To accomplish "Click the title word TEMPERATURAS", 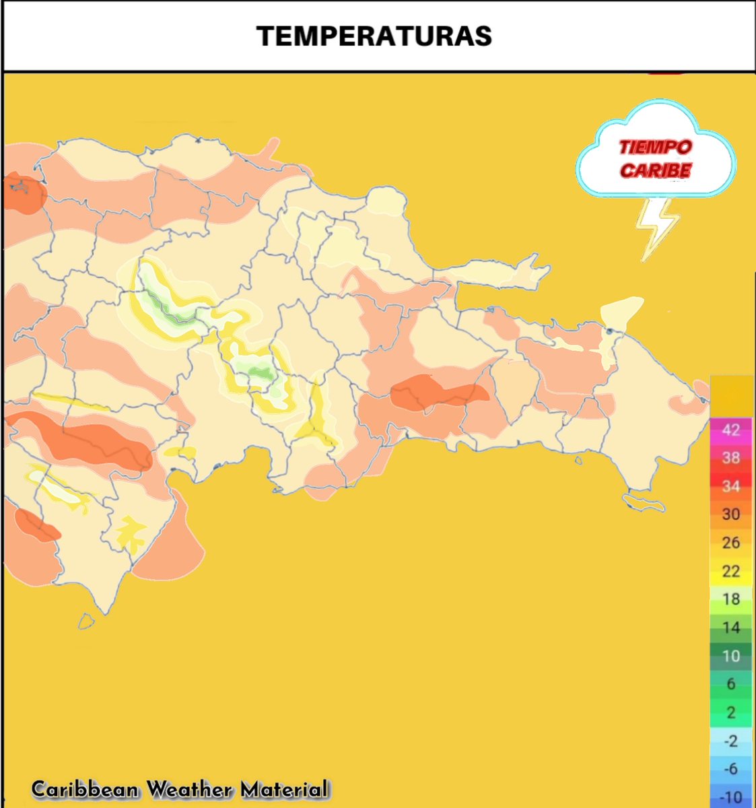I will [374, 36].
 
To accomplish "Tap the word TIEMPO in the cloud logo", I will [655, 147].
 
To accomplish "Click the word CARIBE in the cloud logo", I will [655, 170].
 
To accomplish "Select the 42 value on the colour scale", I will [730, 430].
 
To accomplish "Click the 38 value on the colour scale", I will [730, 458].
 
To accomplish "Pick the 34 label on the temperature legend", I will [730, 486].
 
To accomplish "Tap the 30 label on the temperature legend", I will [730, 514].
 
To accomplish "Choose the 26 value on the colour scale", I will [730, 543].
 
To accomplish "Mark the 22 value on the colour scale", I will [730, 571].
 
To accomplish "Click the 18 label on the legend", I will [730, 599].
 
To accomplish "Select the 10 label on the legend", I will [730, 656].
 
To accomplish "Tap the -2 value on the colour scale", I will [730, 741].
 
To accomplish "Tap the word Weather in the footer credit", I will [189, 789].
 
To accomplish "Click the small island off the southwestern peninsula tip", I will [85, 621].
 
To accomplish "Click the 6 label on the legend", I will [730, 684].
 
